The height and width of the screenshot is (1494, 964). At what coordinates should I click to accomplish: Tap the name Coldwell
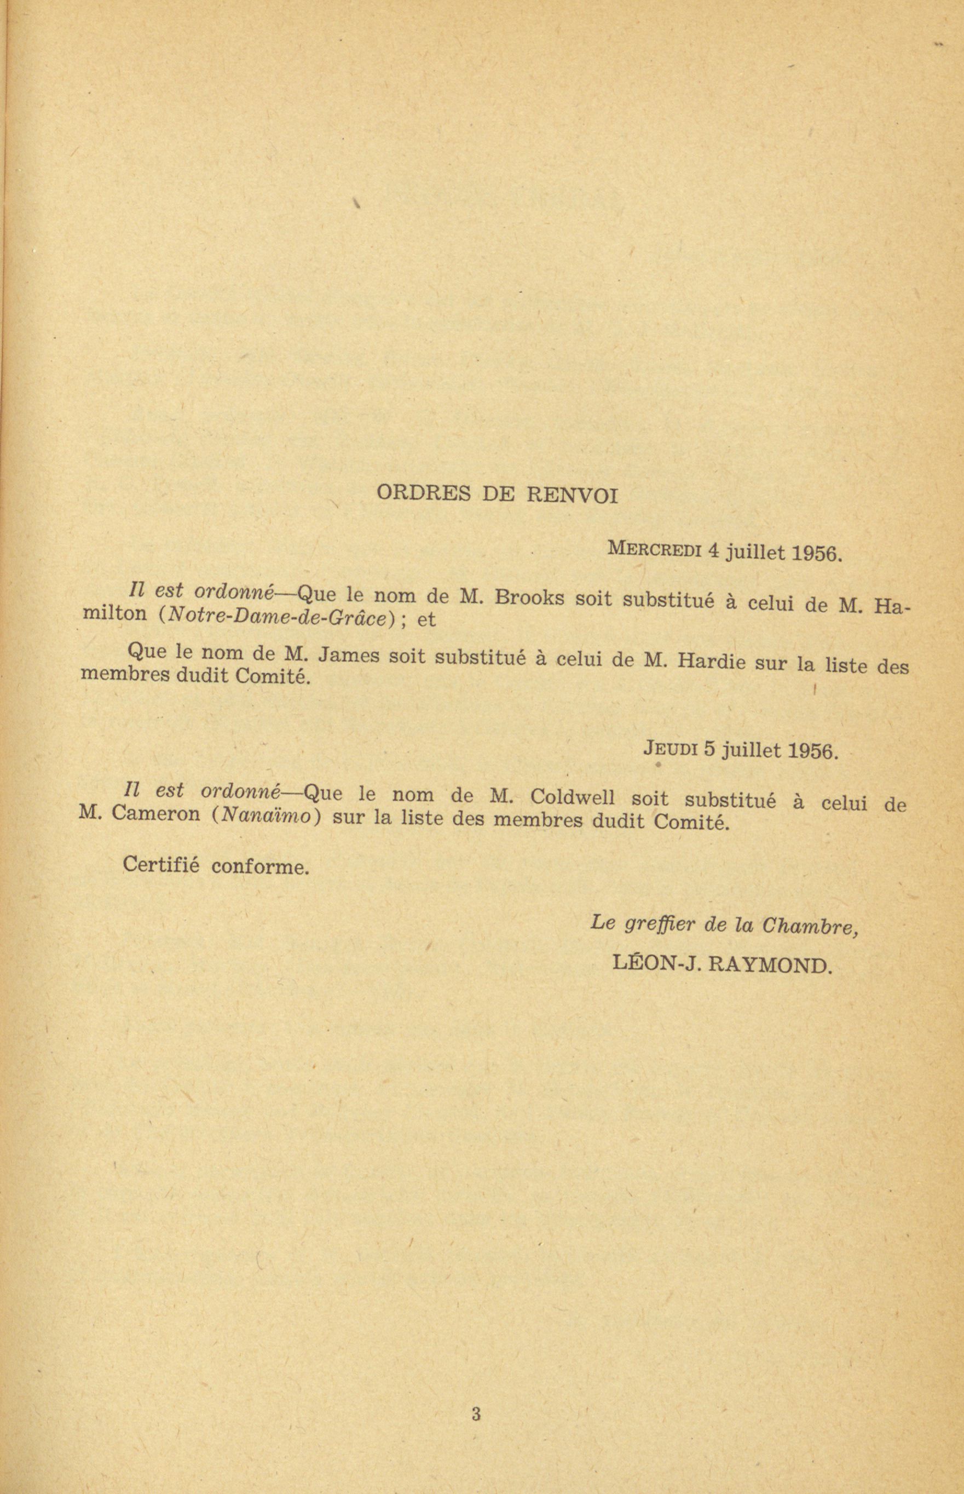[x=572, y=798]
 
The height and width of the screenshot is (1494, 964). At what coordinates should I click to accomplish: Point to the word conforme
[x=260, y=867]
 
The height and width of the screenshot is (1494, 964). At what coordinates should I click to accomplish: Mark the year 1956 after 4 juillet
[x=817, y=554]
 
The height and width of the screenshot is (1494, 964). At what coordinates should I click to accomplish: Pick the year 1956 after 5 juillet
[x=812, y=751]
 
